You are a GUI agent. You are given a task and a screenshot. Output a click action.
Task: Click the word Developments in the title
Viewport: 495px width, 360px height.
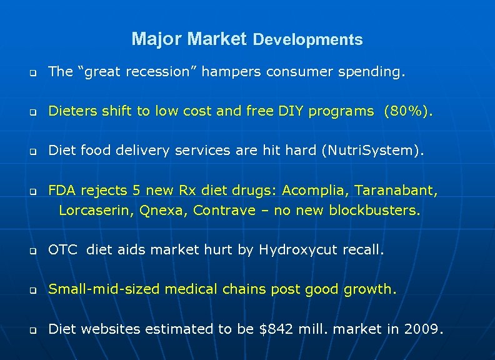[x=307, y=40]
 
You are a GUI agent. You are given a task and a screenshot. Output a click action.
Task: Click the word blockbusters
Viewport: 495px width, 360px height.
[x=379, y=210]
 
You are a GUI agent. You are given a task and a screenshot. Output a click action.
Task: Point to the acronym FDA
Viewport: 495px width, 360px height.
[x=61, y=190]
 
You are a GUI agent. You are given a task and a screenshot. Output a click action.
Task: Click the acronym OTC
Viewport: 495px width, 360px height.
[x=62, y=250]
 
